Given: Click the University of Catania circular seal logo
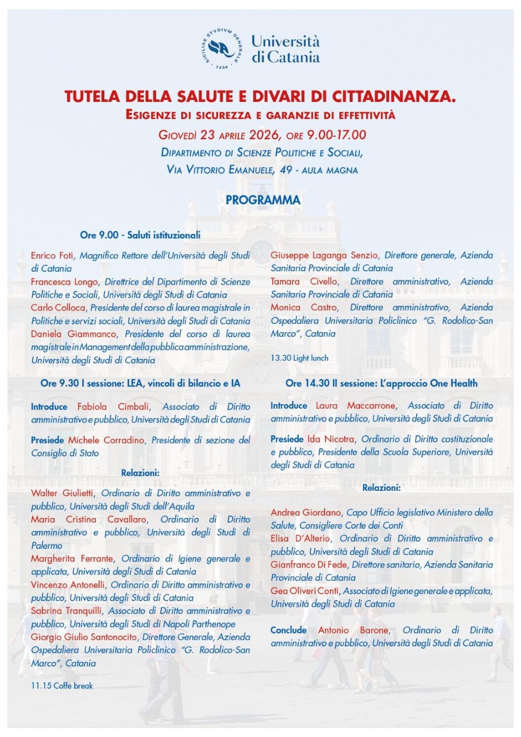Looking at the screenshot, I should [x=222, y=48].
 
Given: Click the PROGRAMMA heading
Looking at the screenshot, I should [x=262, y=200].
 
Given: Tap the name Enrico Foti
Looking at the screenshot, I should [x=52, y=256].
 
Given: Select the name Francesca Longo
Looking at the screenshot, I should [x=64, y=282].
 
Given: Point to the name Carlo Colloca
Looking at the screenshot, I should [x=58, y=308].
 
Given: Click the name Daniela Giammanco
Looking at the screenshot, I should [x=74, y=334].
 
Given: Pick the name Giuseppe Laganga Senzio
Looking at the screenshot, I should [x=324, y=256].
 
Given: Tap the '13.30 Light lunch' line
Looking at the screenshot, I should [x=299, y=358].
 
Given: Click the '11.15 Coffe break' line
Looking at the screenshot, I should [x=62, y=685].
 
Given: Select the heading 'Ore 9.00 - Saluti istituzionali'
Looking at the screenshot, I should [x=140, y=235].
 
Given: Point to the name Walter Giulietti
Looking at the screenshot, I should [x=62, y=493].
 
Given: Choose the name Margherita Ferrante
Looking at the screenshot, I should [x=72, y=559].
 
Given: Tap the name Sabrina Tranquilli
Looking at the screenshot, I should [x=66, y=611].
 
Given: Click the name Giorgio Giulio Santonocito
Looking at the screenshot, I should [x=84, y=637].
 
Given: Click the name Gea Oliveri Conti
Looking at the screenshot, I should [x=305, y=591].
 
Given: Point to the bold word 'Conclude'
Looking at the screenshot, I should [x=289, y=630].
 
